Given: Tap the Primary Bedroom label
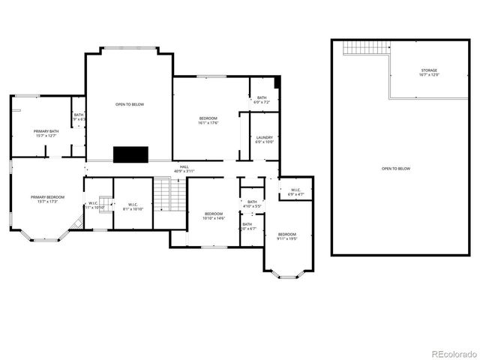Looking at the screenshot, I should coord(47,199).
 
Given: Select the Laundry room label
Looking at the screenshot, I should coord(264,139).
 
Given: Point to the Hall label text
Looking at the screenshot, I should coord(184,169).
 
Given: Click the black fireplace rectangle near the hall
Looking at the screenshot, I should coord(131,154).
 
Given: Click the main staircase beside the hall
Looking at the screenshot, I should coord(169,196).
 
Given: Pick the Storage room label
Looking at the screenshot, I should coord(428,73).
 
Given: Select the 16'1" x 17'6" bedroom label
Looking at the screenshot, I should coord(208,121).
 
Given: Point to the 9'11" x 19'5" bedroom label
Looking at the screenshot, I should coord(287,236).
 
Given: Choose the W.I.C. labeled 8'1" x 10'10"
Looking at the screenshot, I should coord(132,206).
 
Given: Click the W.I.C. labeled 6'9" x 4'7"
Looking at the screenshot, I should coord(295,191).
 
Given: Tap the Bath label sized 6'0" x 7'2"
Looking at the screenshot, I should coord(262,100).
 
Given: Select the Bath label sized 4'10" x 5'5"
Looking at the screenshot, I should coord(252,203).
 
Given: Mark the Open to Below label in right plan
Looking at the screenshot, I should coord(396,169).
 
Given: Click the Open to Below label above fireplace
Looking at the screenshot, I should coord(129,104).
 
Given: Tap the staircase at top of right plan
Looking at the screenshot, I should coord(367,47).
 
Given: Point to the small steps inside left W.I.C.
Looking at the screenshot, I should coord(105,202).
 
